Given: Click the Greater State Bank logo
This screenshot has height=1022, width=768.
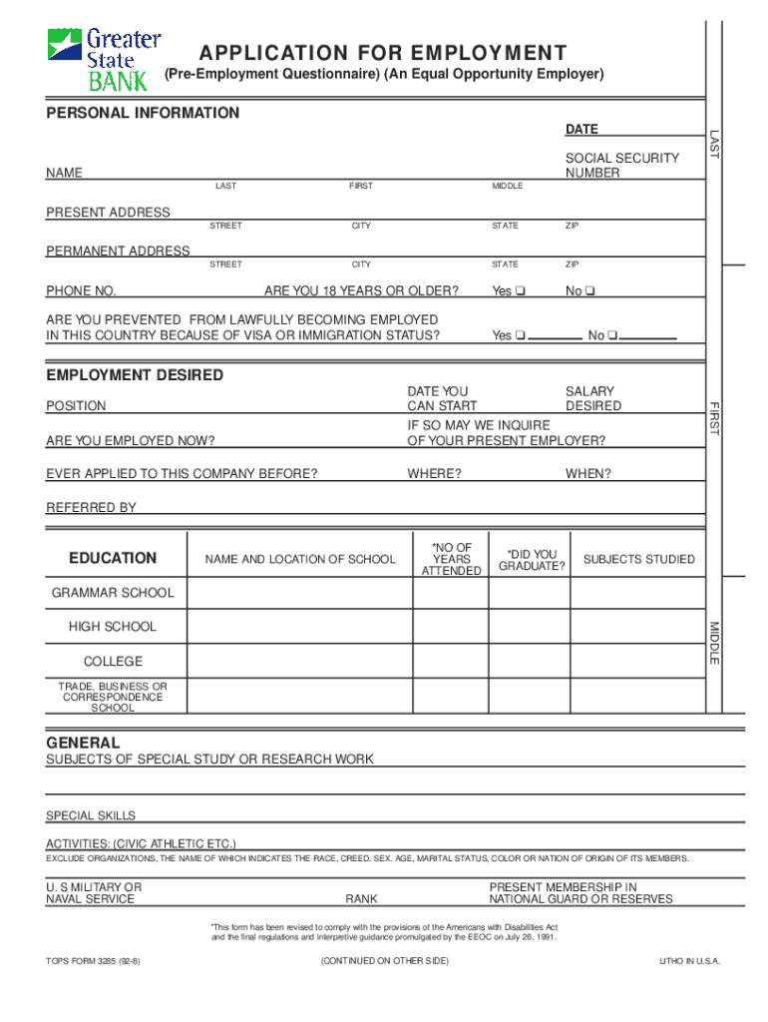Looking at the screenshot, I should (x=104, y=59).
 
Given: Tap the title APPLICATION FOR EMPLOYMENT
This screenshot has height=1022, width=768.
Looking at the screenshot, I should (x=383, y=53).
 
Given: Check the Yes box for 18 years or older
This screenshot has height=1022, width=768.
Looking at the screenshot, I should (x=521, y=291).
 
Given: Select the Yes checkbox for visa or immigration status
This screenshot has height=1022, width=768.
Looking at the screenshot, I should (x=521, y=335).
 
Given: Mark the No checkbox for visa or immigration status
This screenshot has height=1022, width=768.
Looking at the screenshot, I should (x=613, y=335).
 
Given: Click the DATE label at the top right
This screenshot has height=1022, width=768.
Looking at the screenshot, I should (x=581, y=130).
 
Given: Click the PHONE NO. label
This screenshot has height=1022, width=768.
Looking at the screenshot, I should (x=81, y=291).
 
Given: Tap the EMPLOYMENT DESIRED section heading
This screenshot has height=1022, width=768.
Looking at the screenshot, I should (x=135, y=375).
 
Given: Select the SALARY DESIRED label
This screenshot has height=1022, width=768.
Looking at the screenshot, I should (x=592, y=399).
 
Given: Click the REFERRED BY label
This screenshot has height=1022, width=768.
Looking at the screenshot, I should (x=91, y=508).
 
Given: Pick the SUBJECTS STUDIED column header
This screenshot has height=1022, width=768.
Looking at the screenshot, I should (x=638, y=559).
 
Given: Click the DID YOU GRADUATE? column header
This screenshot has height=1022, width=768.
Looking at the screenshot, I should (x=532, y=560).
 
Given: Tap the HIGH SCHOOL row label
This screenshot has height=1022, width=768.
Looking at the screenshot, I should (x=112, y=627).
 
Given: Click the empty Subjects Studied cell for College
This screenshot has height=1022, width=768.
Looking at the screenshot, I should (x=638, y=661).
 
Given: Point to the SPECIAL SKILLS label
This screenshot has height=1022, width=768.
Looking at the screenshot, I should (x=91, y=815).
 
